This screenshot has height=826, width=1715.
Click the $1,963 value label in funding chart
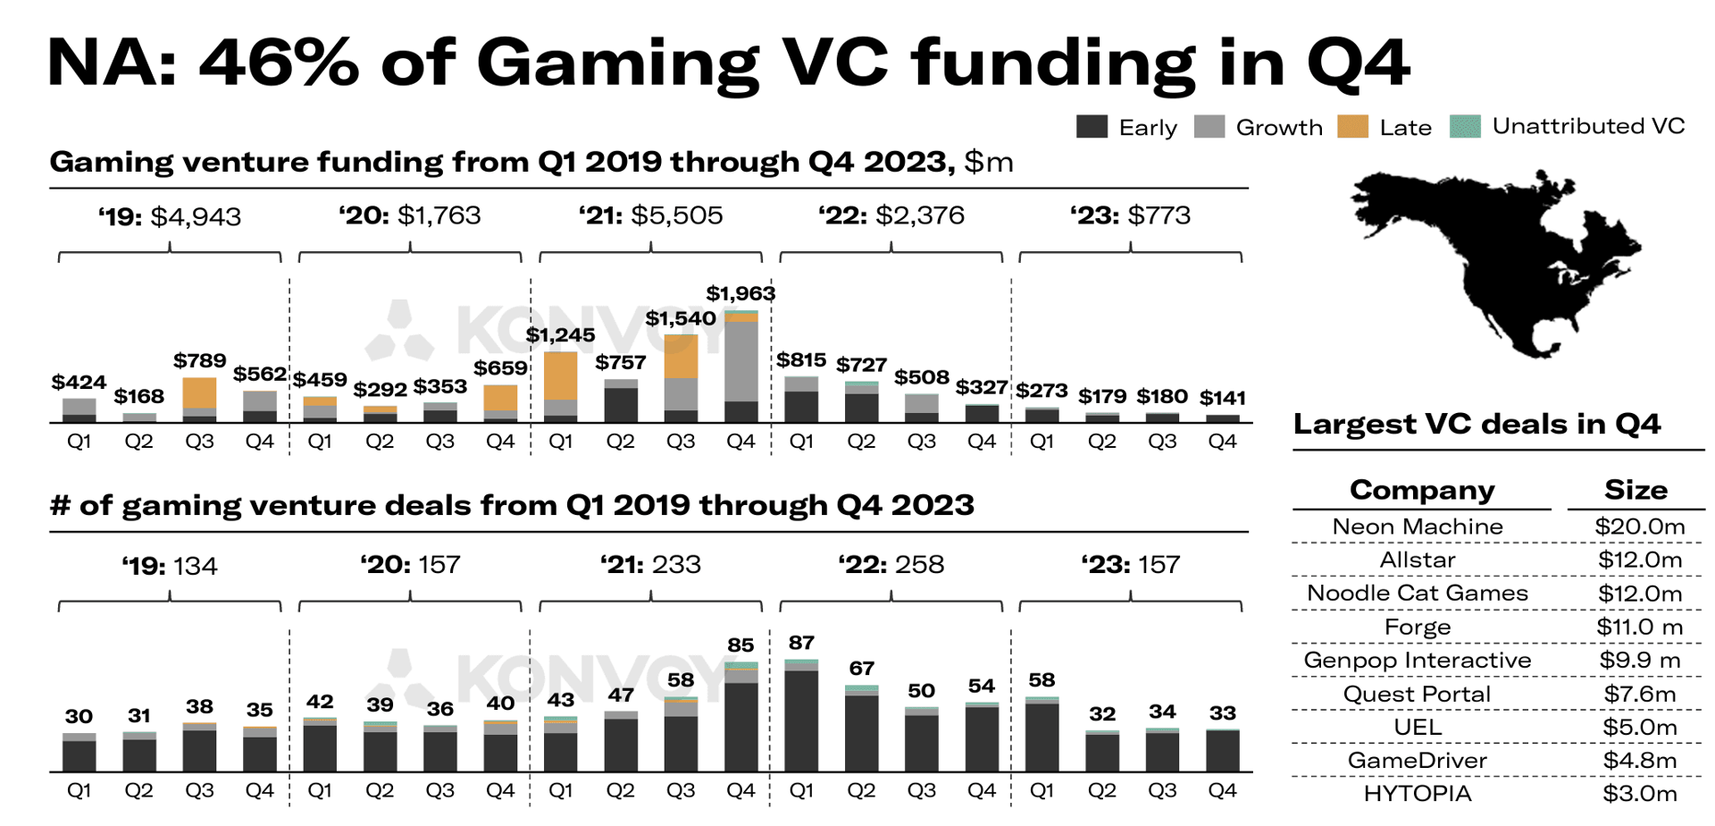tap(740, 293)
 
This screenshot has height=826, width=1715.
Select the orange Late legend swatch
tap(1352, 127)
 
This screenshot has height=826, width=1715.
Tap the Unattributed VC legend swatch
tap(1465, 127)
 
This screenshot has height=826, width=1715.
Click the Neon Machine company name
tap(1417, 527)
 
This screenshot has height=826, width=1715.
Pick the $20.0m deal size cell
tap(1639, 527)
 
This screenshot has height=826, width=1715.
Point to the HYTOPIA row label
tap(1417, 794)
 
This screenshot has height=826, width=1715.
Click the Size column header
tap(1635, 490)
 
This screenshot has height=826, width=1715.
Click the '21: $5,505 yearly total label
tap(650, 215)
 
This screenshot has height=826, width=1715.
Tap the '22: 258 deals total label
tap(891, 565)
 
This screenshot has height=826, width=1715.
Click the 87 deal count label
tap(801, 643)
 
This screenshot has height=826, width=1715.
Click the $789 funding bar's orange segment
tap(199, 393)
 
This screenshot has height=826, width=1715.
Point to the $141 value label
tap(1222, 398)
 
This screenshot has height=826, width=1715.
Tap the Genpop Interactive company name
tap(1417, 661)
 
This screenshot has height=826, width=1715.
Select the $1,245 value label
tap(560, 335)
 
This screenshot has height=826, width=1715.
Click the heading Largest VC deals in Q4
tap(1477, 424)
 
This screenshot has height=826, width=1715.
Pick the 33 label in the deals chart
tap(1222, 713)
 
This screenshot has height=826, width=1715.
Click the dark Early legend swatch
tap(1092, 127)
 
